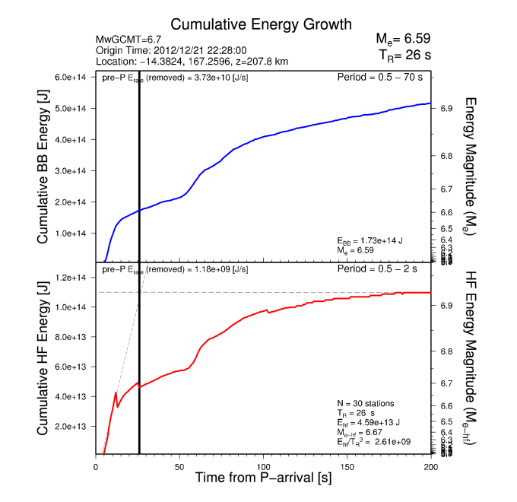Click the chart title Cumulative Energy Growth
click(x=249, y=24)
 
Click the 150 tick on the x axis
click(x=347, y=466)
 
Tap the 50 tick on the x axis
click(x=179, y=466)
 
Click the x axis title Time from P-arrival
click(x=263, y=479)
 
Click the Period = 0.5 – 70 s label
click(x=379, y=78)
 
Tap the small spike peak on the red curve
click(x=116, y=392)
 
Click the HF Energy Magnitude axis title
click(x=471, y=357)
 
